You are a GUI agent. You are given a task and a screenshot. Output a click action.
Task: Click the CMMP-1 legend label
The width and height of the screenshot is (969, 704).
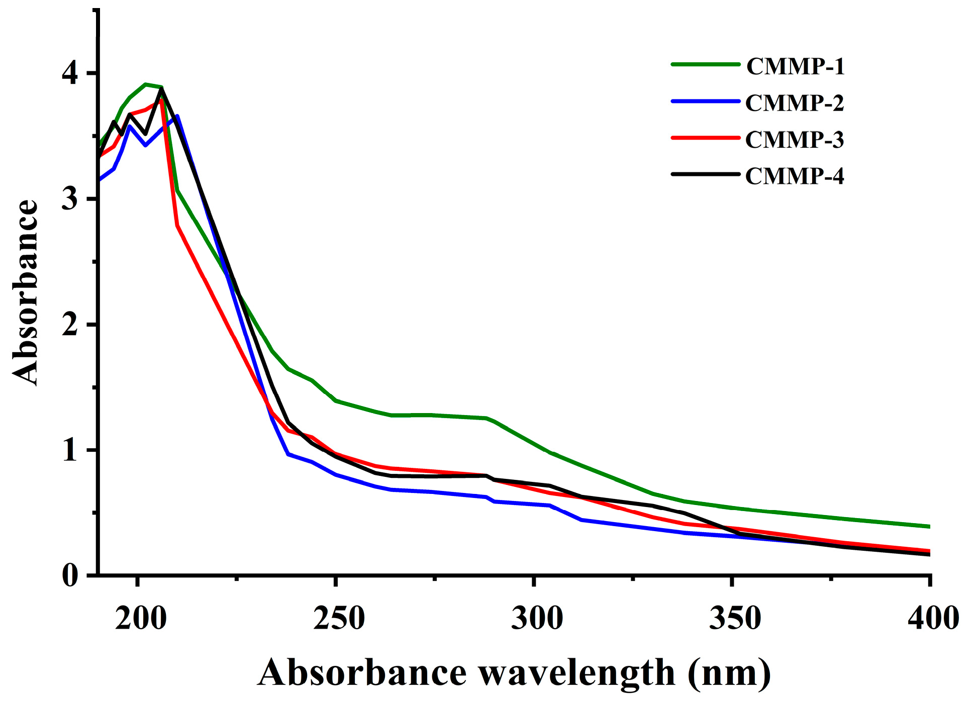click(x=795, y=66)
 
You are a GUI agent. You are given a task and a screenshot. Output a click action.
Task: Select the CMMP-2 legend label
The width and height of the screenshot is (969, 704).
click(x=794, y=103)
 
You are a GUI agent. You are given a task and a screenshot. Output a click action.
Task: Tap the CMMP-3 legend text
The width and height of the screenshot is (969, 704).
click(x=794, y=140)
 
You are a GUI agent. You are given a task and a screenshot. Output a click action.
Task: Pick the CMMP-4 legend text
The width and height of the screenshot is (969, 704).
click(x=794, y=176)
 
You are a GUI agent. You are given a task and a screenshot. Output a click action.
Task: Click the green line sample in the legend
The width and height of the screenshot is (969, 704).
click(x=706, y=64)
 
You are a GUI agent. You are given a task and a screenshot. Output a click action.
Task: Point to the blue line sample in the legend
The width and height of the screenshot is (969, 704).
click(x=706, y=101)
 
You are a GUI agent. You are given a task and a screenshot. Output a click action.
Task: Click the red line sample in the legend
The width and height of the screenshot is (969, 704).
click(x=706, y=137)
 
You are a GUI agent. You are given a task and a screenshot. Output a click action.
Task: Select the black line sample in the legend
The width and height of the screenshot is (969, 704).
click(x=706, y=174)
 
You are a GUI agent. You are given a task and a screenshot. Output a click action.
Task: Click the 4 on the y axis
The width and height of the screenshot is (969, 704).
click(x=70, y=74)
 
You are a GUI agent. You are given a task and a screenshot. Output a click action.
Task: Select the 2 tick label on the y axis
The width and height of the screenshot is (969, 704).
click(x=70, y=325)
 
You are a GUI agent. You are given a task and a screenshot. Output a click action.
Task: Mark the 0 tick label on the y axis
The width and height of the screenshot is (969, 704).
click(x=70, y=575)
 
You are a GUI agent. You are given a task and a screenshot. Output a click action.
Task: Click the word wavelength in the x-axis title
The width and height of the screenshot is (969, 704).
click(x=576, y=673)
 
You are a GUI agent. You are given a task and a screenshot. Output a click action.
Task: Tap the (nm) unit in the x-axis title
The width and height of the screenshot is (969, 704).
click(x=729, y=673)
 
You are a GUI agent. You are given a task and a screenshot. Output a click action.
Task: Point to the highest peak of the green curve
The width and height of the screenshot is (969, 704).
click(x=146, y=84)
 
